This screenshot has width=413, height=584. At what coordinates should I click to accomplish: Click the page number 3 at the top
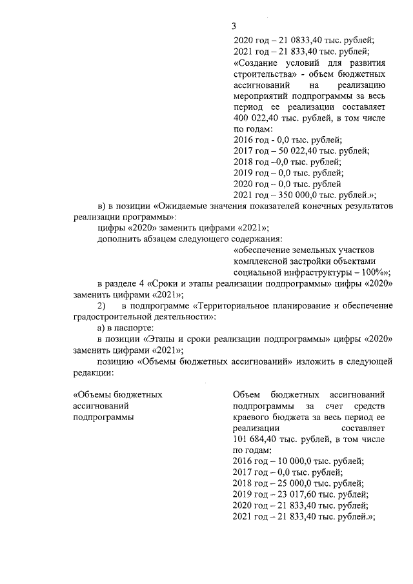coord(234,26)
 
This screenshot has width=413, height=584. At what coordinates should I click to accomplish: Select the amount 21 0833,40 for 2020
coord(292,40)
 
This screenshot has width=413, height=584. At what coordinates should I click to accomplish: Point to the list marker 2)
coord(101,305)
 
